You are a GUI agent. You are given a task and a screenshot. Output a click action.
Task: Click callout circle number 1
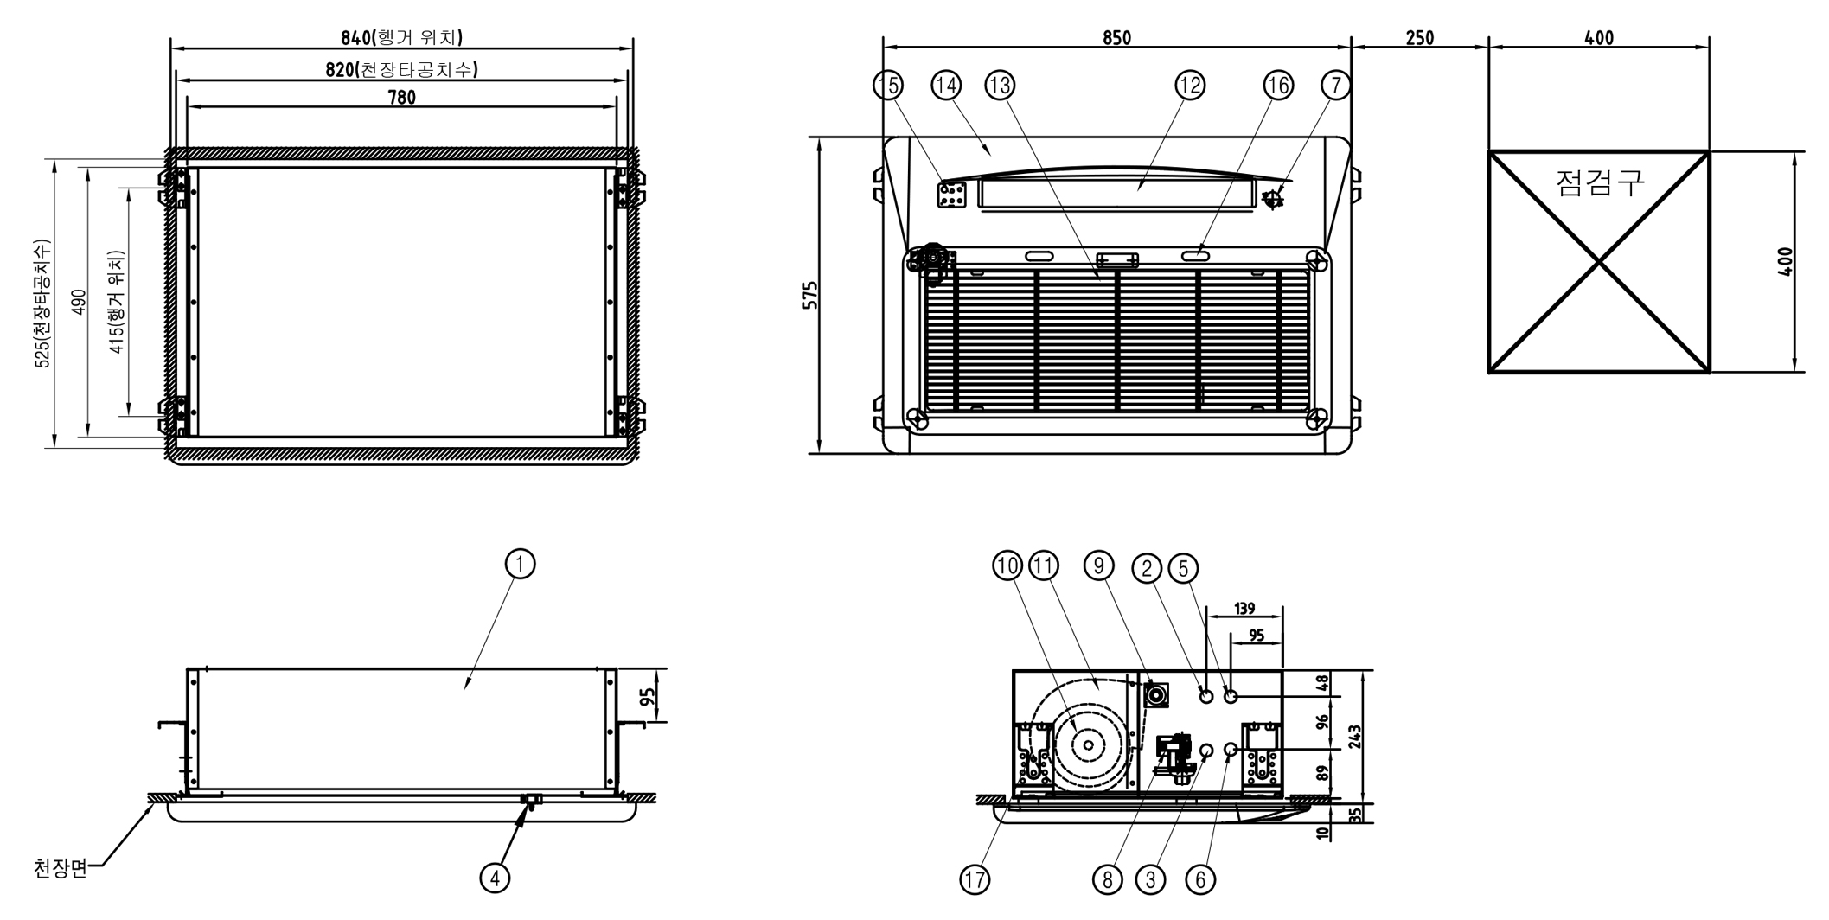point(520,564)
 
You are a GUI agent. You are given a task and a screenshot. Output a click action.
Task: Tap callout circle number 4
point(495,878)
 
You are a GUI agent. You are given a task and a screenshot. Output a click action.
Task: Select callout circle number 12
point(1190,85)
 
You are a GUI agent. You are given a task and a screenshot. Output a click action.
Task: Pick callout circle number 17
point(975,880)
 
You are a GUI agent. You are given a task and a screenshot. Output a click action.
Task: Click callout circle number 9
point(1098,566)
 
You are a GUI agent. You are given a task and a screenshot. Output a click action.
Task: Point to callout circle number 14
point(946,85)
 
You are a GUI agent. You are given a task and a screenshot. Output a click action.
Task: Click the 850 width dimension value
point(1116,37)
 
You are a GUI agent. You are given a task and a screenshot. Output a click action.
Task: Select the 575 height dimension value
point(810,295)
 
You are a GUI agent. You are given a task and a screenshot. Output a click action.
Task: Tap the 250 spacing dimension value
point(1419,37)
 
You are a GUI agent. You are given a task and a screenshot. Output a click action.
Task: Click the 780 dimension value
point(401,98)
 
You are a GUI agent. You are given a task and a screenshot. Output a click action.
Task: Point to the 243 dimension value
point(1354,736)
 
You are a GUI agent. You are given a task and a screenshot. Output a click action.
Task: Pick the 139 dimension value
point(1244,609)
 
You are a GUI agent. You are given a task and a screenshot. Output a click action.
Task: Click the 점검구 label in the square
point(1599,182)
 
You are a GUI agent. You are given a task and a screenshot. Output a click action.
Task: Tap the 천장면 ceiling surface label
point(61,867)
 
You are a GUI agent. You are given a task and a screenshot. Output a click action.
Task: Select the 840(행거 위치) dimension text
point(401,37)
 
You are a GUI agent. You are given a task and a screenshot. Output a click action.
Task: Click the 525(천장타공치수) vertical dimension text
point(42,303)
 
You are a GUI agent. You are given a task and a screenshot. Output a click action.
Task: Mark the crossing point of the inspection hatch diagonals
point(1599,261)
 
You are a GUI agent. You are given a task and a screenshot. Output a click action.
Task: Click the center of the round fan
point(1088,744)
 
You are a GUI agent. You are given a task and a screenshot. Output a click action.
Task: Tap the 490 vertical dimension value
point(79,302)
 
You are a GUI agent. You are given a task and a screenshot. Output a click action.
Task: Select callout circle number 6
point(1200,880)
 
